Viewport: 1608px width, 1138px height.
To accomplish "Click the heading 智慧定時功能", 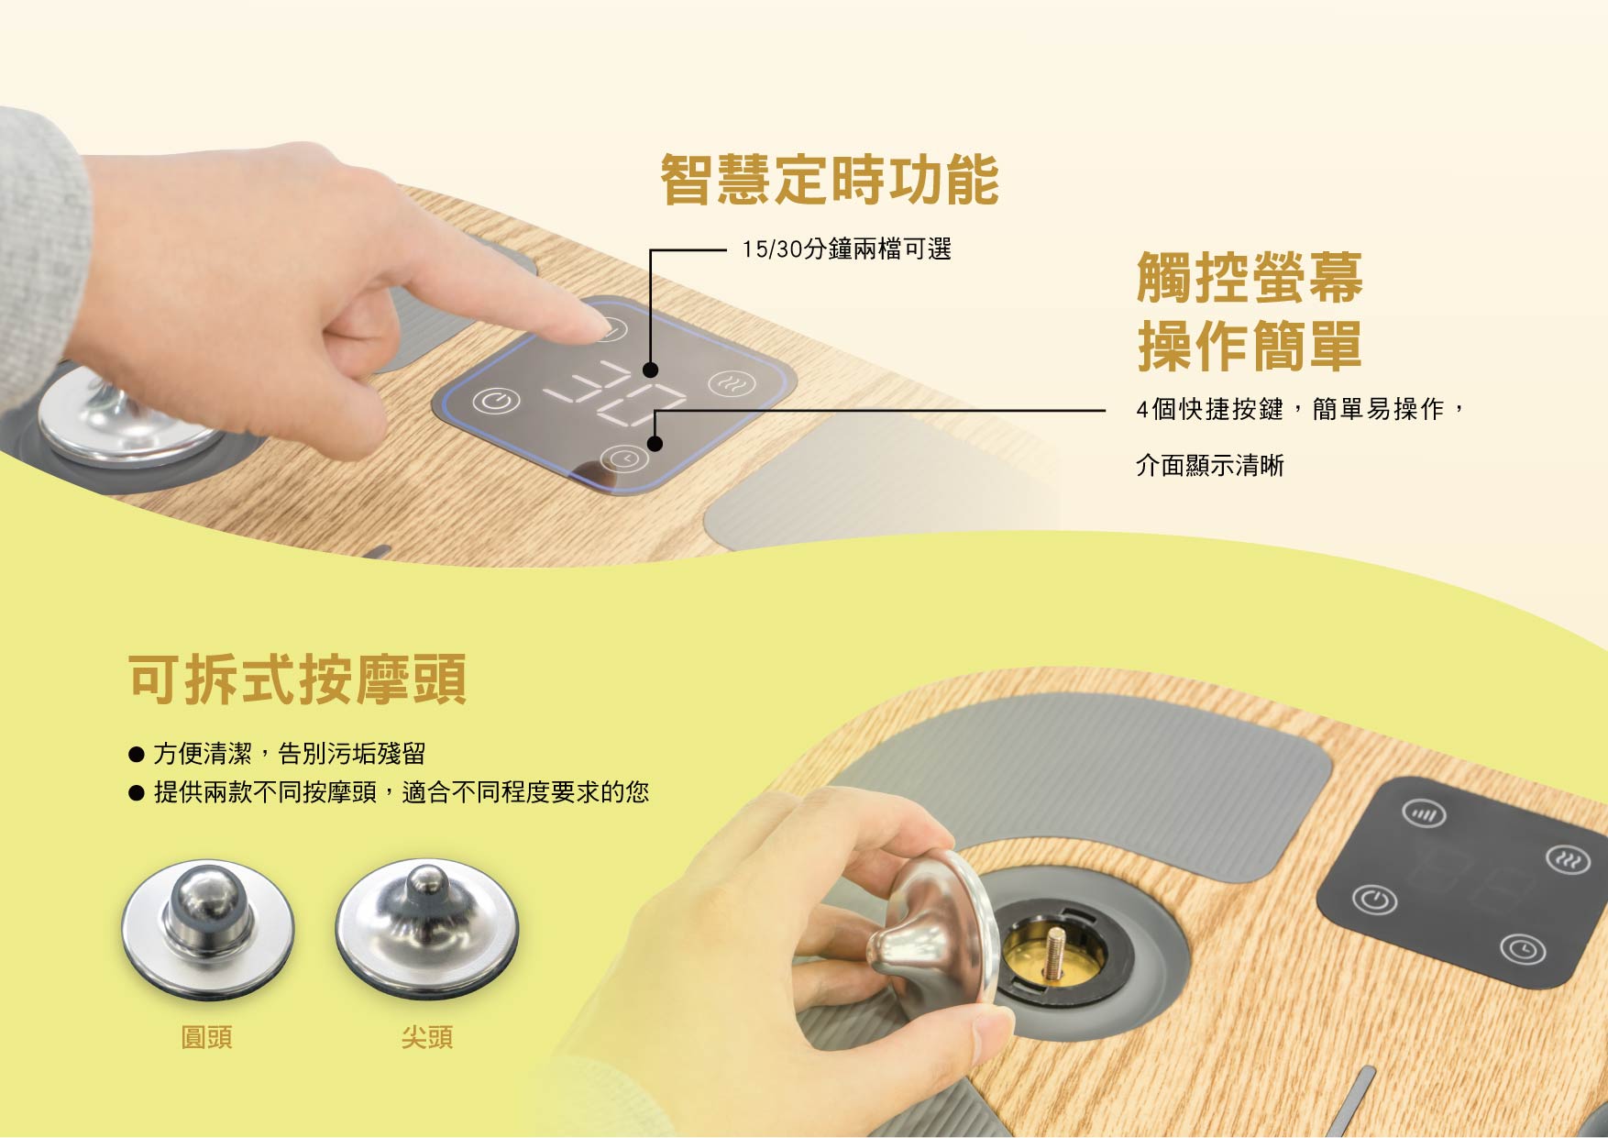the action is coord(830,180).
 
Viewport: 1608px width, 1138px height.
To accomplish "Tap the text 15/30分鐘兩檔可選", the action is coord(847,249).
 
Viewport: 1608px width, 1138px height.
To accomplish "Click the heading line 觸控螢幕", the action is coord(1250,277).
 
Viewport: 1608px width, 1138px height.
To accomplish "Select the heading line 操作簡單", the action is coord(1250,346).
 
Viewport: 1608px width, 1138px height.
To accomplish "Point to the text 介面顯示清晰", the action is coord(1210,466).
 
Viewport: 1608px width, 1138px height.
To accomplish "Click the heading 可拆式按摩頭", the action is coord(298,679).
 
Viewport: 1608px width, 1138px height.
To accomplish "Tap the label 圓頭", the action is coord(207,1037).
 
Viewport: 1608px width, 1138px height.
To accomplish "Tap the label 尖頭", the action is coord(427,1037).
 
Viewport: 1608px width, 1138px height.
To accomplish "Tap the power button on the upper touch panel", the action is coord(497,401).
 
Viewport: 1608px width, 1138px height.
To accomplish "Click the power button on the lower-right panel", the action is coord(1375,900).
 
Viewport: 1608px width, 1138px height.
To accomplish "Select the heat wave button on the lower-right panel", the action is coord(1569,860).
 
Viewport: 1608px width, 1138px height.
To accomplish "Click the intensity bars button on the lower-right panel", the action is coord(1425,813).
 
